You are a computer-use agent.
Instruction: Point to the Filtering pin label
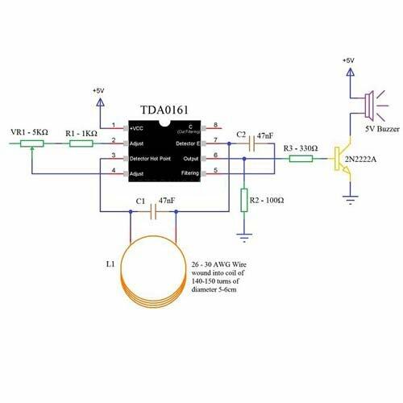coord(189,172)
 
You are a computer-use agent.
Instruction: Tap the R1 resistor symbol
coord(81,143)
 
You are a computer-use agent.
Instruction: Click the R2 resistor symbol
coord(243,199)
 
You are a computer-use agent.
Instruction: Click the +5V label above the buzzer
coord(347,60)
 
